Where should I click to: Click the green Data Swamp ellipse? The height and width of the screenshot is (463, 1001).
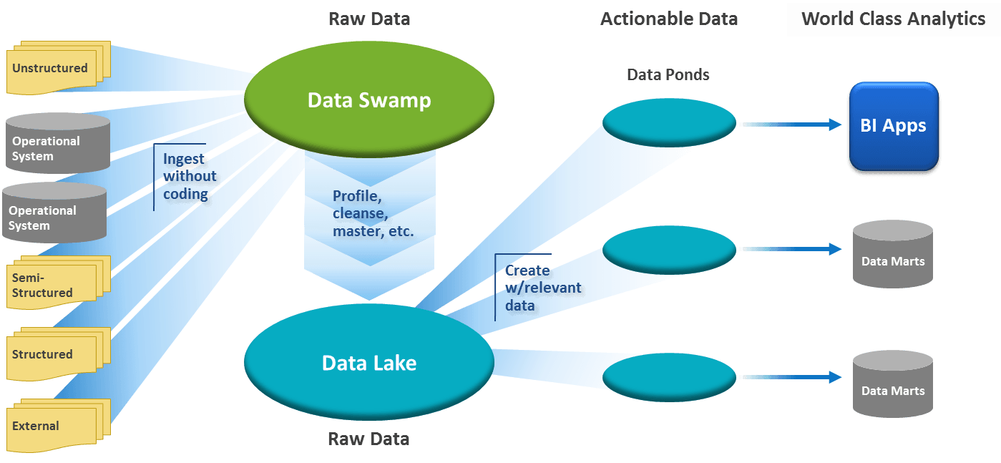pos(369,99)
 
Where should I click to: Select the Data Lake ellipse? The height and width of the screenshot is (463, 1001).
pos(369,362)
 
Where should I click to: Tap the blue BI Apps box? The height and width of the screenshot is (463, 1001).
pos(893,127)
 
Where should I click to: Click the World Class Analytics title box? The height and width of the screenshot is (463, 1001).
pos(893,19)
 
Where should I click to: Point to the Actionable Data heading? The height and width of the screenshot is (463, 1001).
pos(669,19)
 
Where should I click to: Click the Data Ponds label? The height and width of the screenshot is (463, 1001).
pos(668,74)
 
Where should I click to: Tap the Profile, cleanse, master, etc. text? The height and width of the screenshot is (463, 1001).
pos(373,214)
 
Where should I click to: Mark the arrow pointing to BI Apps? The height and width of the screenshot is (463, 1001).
pos(791,125)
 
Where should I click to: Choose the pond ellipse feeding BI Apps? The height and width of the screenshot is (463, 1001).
pos(669,123)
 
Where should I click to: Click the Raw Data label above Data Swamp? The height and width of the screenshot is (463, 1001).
pos(369,19)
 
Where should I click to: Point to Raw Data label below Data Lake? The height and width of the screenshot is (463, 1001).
pos(369,439)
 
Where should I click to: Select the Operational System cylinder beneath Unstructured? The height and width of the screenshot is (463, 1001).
pos(57,143)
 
